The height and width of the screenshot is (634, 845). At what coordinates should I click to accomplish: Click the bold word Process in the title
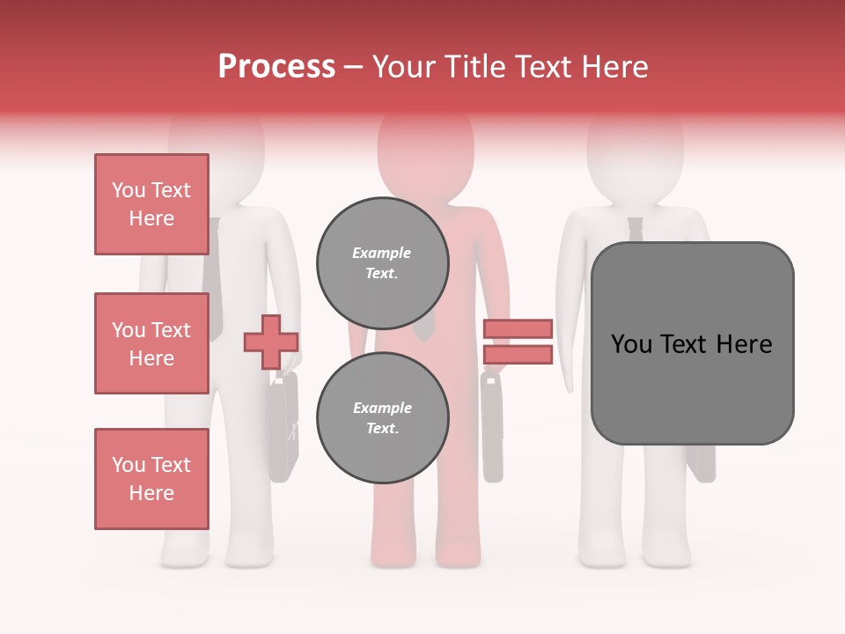coord(276,67)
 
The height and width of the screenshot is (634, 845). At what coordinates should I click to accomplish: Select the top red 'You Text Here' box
coord(151,204)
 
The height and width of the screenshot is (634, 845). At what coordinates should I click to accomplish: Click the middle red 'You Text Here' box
coord(151,343)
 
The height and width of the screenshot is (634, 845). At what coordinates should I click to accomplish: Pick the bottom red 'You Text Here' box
coord(151,479)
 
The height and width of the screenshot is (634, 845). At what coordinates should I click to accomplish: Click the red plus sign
coord(271,343)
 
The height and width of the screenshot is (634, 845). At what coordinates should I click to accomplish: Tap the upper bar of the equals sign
coord(518,328)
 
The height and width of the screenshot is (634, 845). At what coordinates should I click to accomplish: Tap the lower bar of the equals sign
coord(518,355)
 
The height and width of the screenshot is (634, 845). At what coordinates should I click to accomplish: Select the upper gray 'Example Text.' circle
coord(382,263)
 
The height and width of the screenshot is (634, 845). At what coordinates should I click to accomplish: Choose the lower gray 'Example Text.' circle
coord(382,418)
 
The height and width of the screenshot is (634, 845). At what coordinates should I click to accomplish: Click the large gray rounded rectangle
coord(692,343)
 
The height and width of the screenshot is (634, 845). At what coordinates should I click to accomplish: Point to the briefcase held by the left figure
coord(283,427)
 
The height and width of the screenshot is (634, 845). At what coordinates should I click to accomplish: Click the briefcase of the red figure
coord(492,427)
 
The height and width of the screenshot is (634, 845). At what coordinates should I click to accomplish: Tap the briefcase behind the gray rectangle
coord(702,463)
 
